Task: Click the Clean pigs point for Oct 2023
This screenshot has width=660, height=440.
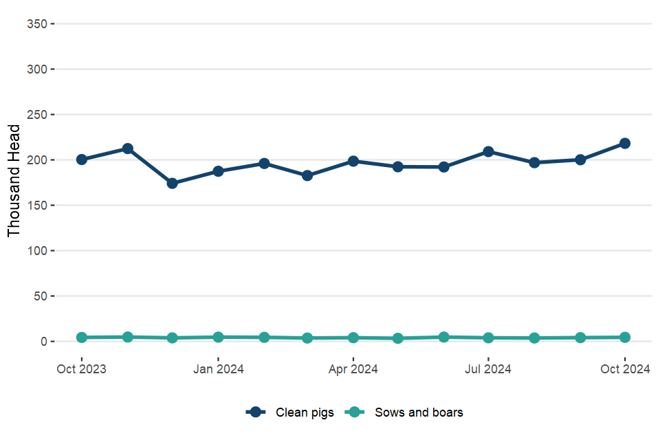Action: [82, 159]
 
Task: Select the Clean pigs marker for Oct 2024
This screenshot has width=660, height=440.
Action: [625, 143]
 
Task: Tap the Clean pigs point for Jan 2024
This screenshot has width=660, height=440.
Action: [218, 171]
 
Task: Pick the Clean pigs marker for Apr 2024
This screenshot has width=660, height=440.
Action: [353, 161]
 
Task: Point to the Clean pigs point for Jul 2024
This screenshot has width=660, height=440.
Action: [488, 151]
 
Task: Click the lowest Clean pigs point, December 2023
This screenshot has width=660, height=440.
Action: [173, 184]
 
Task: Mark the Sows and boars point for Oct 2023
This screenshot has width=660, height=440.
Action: [82, 338]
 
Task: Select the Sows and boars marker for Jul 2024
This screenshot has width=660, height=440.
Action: [488, 338]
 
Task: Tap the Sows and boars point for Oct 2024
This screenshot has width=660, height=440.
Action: [625, 338]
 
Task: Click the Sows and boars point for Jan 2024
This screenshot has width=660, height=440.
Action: [218, 337]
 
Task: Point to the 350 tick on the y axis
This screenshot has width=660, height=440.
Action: [36, 24]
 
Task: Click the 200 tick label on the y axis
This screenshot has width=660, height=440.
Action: [36, 160]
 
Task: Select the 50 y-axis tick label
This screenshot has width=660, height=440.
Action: [38, 296]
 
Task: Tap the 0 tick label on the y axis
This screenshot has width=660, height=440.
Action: [42, 342]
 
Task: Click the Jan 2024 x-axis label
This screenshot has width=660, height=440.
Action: [218, 369]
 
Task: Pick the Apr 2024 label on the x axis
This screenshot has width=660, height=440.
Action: [353, 369]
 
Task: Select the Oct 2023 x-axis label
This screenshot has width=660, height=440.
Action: [82, 369]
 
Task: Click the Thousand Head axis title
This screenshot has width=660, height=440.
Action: [14, 181]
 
